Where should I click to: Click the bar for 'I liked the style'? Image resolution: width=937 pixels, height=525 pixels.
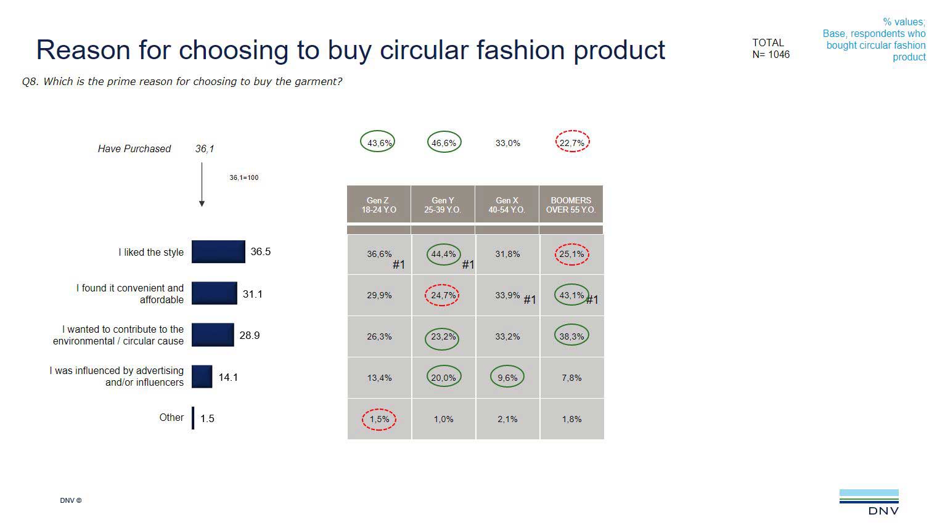pos(218,252)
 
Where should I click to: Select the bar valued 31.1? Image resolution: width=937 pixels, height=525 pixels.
pos(214,293)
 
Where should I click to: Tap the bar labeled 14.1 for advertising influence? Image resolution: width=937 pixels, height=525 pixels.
pos(202,376)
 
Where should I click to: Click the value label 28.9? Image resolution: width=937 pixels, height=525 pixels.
pos(250,335)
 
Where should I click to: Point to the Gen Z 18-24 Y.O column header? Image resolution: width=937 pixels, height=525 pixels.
pos(378,205)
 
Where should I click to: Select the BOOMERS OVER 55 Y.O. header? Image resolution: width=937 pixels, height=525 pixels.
pos(571,205)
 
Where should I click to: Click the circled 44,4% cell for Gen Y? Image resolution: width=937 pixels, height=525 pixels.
pos(443,254)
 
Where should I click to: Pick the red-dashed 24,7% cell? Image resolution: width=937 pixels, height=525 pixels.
pos(443,295)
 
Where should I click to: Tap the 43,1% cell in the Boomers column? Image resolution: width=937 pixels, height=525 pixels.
pos(571,295)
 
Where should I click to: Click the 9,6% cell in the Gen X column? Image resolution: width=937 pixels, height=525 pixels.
pos(507,377)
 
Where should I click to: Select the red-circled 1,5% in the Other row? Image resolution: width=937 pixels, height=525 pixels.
pos(378,419)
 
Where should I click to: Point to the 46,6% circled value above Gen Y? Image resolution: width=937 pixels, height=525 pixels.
pos(444,143)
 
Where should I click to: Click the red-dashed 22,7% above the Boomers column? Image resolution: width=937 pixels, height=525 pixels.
pos(572,143)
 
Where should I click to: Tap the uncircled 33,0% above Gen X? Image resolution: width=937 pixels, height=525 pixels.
pos(508,143)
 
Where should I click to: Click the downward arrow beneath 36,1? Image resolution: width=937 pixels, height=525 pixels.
pos(202,185)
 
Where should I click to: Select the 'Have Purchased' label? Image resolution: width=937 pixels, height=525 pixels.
pos(134,149)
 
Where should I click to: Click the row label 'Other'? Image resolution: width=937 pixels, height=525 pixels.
pos(171,417)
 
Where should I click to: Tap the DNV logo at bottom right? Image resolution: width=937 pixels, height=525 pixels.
pos(869,502)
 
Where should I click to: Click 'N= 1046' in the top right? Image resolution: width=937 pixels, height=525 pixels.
pos(771,54)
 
